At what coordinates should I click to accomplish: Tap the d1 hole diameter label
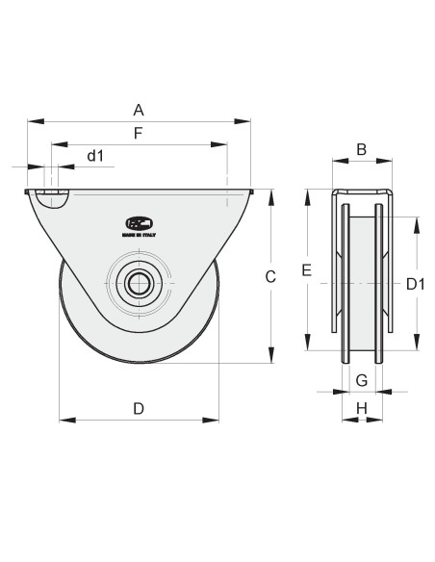[95, 155]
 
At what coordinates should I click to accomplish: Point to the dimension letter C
[270, 276]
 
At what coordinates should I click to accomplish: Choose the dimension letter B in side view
[362, 148]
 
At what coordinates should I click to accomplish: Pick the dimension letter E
[306, 272]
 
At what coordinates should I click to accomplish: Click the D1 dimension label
[416, 284]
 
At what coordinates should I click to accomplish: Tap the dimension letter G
[362, 379]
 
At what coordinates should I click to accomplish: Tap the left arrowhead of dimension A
[32, 122]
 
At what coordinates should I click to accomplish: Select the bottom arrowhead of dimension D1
[416, 353]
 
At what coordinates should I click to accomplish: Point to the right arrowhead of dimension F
[222, 145]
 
